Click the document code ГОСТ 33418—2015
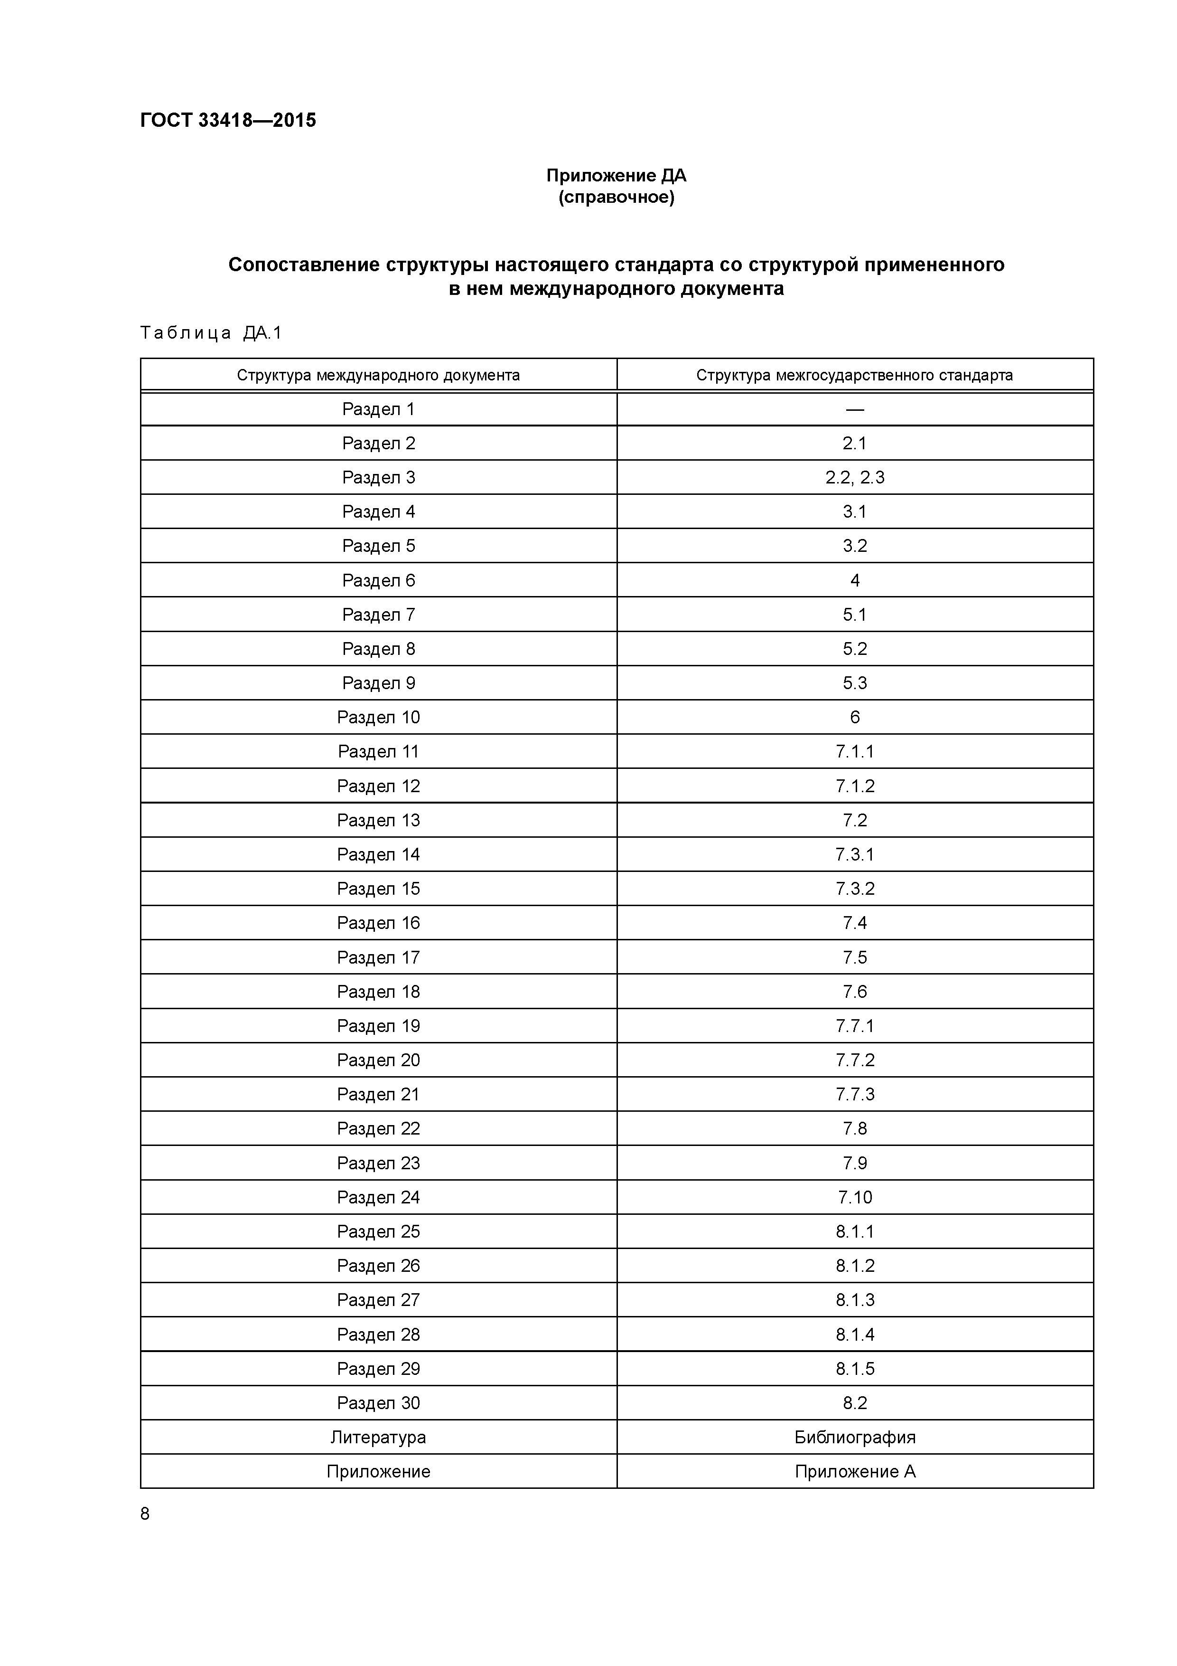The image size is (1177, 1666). tap(228, 121)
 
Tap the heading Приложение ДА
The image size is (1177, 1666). tap(616, 176)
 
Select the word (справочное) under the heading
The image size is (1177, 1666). tap(616, 198)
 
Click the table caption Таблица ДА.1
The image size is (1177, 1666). tap(210, 333)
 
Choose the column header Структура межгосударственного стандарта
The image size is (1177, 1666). tap(854, 375)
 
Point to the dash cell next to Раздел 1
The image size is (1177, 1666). tap(854, 409)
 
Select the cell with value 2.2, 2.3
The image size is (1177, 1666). tap(854, 477)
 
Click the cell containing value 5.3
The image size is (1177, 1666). tap(854, 683)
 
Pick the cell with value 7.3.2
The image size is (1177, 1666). tap(854, 889)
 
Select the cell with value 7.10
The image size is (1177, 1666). tap(854, 1197)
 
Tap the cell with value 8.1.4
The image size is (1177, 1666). tap(854, 1335)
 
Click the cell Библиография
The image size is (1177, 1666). tap(854, 1437)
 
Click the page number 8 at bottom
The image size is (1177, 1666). tap(145, 1514)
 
